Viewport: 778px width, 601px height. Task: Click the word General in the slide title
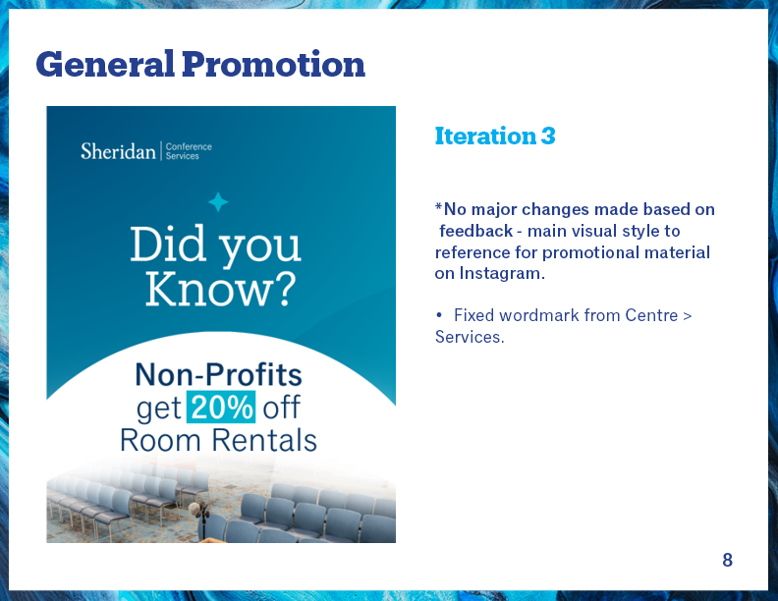(105, 65)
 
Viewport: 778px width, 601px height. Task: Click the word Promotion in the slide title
(273, 64)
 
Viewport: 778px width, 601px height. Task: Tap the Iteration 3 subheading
(495, 136)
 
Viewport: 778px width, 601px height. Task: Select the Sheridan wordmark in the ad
(118, 151)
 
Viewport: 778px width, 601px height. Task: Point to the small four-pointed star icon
(218, 202)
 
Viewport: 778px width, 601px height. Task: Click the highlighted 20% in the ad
(221, 408)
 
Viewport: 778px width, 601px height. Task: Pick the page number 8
(727, 560)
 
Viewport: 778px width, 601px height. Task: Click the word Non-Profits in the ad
(218, 374)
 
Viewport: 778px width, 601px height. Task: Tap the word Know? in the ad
(220, 290)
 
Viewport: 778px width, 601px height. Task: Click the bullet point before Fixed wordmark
(439, 315)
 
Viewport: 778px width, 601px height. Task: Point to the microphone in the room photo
(194, 509)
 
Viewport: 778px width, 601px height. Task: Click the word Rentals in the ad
(264, 440)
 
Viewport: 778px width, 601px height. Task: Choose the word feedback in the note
(475, 231)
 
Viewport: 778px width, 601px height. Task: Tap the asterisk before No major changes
(438, 206)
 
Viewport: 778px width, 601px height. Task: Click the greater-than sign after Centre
(688, 316)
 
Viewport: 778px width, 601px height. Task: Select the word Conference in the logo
(189, 146)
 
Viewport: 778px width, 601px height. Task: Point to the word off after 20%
(281, 408)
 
